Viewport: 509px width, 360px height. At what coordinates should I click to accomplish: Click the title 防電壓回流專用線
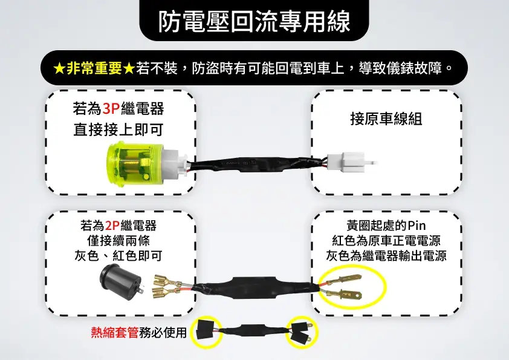254,22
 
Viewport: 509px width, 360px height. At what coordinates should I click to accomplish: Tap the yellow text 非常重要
94,68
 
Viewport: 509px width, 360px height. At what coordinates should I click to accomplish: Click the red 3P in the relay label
111,108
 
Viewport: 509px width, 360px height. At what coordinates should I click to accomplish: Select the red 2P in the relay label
112,225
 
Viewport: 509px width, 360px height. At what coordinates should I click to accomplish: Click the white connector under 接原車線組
352,162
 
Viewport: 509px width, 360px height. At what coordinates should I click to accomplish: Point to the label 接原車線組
386,119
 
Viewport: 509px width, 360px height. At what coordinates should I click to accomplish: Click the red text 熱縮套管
115,332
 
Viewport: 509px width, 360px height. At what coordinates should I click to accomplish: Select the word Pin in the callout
417,225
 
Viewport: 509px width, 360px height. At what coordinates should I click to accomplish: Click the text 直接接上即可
118,130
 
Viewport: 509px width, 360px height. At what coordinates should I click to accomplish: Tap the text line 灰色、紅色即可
118,256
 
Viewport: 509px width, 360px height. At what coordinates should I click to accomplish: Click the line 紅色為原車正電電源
386,241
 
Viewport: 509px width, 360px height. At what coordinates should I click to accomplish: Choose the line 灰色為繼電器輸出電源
386,256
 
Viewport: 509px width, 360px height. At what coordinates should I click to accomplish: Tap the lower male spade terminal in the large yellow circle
343,295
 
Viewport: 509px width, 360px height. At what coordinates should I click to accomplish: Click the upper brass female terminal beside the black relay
166,280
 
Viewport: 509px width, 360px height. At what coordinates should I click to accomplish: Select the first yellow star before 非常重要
59,68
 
